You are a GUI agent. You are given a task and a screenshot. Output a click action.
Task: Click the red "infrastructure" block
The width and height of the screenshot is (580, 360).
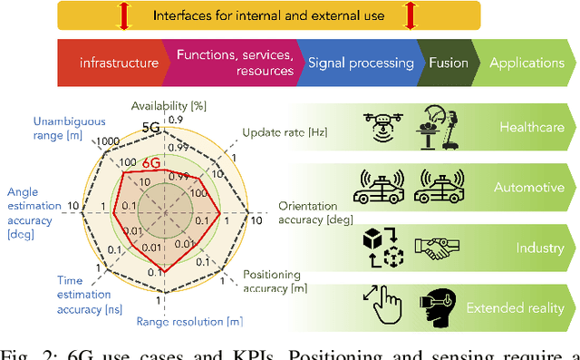pyautogui.click(x=112, y=63)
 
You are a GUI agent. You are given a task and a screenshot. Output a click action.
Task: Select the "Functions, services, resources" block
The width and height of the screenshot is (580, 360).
pyautogui.click(x=235, y=63)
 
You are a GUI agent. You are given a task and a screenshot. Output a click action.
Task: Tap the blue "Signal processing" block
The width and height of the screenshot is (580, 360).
pyautogui.click(x=361, y=63)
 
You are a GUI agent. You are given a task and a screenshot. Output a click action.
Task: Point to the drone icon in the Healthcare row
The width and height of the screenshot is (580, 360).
pyautogui.click(x=382, y=127)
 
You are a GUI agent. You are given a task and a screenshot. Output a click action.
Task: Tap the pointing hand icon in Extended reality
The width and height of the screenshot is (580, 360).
pyautogui.click(x=382, y=308)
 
